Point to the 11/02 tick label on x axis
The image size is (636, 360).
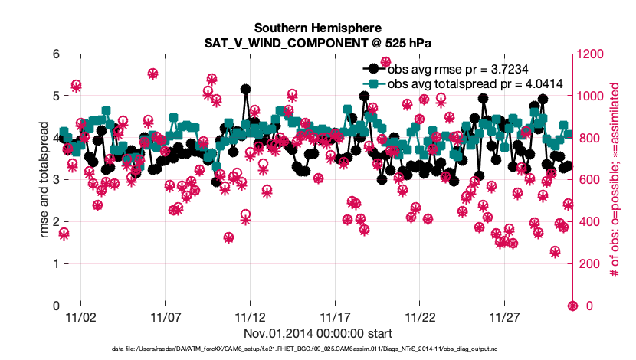coord(80,316)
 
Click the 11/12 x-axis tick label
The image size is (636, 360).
coord(250,316)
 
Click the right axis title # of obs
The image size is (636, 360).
coord(614,180)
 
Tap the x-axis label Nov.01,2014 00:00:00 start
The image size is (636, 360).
coord(318,334)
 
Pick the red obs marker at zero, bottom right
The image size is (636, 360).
coord(572,306)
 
